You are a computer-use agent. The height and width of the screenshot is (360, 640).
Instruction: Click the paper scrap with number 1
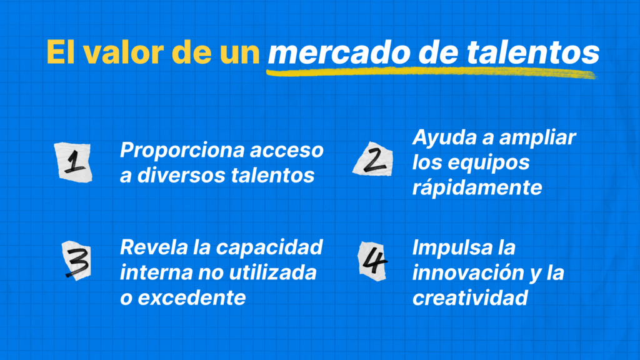pyautogui.click(x=74, y=162)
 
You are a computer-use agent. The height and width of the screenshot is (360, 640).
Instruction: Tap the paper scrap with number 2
pyautogui.click(x=374, y=159)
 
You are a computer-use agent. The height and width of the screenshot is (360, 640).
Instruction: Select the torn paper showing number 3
pyautogui.click(x=77, y=261)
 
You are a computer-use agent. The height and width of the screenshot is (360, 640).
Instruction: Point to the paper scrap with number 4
pyautogui.click(x=372, y=261)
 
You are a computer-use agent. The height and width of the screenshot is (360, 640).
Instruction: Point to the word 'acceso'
pyautogui.click(x=287, y=150)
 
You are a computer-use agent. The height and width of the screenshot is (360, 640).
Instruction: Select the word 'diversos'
pyautogui.click(x=181, y=176)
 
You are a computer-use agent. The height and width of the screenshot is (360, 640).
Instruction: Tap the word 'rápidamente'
pyautogui.click(x=477, y=187)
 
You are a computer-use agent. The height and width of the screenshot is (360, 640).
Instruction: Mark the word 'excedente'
pyautogui.click(x=192, y=298)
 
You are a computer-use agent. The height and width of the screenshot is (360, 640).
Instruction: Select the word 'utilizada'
pyautogui.click(x=272, y=272)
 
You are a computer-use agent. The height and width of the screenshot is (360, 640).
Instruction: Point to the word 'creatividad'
pyautogui.click(x=470, y=298)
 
